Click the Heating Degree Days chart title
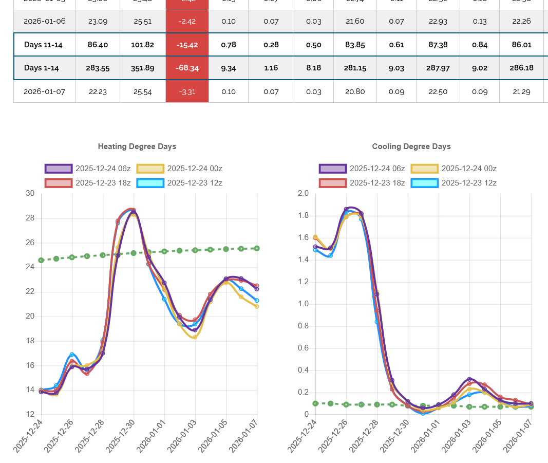coord(137,146)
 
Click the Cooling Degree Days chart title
coord(411,146)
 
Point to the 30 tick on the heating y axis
coord(30,194)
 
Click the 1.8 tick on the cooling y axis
coord(303,216)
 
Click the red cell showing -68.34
coord(187,68)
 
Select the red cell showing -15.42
coord(187,45)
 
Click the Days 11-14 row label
coord(43,45)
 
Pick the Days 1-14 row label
coord(42,68)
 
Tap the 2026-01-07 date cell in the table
coord(44,91)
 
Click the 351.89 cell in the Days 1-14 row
coord(142,68)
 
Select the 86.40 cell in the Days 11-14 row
coord(98,45)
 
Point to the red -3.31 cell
coord(187,91)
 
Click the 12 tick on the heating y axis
coord(30,415)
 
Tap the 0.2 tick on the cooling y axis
coord(303,393)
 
